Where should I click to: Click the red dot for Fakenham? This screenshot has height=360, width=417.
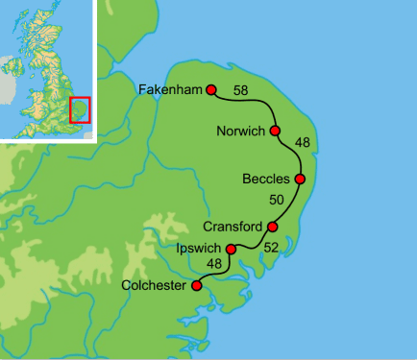pyautogui.click(x=211, y=90)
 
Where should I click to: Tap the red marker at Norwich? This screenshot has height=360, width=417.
pyautogui.click(x=275, y=131)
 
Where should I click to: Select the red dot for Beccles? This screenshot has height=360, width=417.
pyautogui.click(x=300, y=179)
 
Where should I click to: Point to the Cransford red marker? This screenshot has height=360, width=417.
pyautogui.click(x=272, y=228)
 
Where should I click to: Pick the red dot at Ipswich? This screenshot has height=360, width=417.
pyautogui.click(x=230, y=250)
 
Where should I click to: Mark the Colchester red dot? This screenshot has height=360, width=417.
pyautogui.click(x=197, y=285)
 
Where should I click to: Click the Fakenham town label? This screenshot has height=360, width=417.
pyautogui.click(x=170, y=90)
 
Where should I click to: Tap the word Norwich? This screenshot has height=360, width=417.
pyautogui.click(x=241, y=131)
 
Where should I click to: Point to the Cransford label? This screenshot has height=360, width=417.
pyautogui.click(x=233, y=228)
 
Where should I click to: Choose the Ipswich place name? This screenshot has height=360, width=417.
pyautogui.click(x=200, y=249)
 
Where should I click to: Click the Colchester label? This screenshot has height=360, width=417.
pyautogui.click(x=157, y=285)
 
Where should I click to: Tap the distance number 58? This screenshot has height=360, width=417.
pyautogui.click(x=240, y=90)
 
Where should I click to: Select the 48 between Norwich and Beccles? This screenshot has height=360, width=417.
pyautogui.click(x=303, y=143)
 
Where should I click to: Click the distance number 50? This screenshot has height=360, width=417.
pyautogui.click(x=277, y=201)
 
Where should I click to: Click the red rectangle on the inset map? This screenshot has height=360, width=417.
pyautogui.click(x=80, y=109)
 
